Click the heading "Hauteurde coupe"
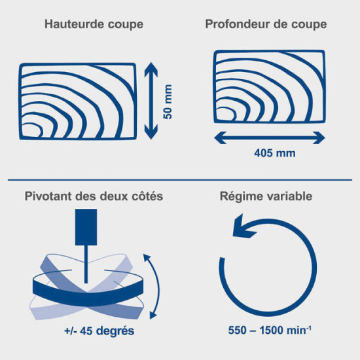[x=94, y=24]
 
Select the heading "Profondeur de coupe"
[x=266, y=24]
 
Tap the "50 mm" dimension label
[x=168, y=101]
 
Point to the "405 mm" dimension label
[x=275, y=153]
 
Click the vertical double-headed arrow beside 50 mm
[x=151, y=101]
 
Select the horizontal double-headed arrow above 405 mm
[x=270, y=137]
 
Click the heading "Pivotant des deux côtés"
[x=94, y=196]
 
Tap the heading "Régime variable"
[x=266, y=196]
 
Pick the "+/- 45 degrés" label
[x=99, y=331]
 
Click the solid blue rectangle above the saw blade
[x=86, y=227]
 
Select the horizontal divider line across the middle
[x=180, y=180]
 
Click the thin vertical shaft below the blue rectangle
[x=86, y=264]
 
